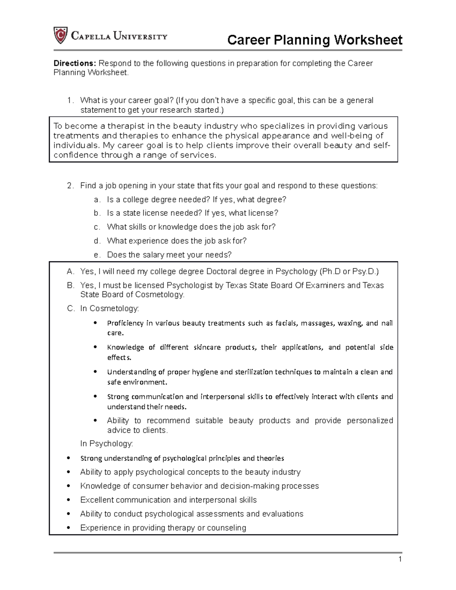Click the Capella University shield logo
[x=60, y=35]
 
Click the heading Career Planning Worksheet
[x=314, y=40]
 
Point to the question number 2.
[x=70, y=186]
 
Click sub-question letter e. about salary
[x=97, y=255]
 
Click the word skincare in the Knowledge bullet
[x=207, y=347]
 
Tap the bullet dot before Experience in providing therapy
[x=68, y=528]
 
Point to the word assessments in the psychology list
[x=220, y=514]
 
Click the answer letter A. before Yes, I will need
[x=70, y=272]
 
